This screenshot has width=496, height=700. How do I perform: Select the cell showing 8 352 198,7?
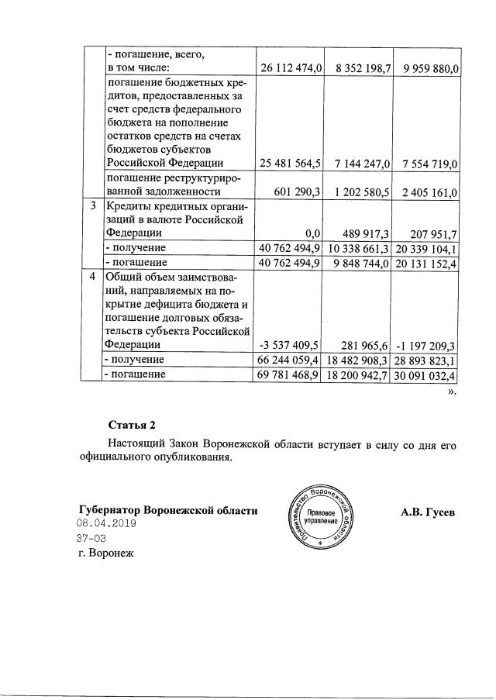359,69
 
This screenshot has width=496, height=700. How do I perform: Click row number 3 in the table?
93,207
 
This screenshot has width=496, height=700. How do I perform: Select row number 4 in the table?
93,276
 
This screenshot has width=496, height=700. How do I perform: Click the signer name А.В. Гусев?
429,512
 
